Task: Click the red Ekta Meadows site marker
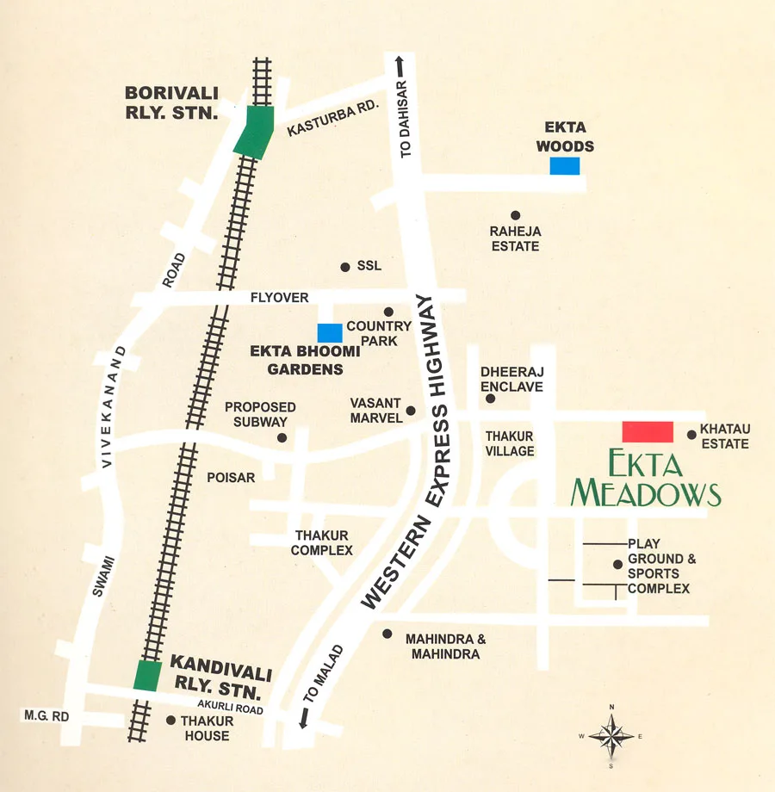[648, 431]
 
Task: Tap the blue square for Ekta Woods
[565, 166]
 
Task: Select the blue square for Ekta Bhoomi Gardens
[330, 332]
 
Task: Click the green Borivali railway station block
[254, 132]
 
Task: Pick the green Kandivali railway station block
[147, 676]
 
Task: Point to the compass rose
[611, 736]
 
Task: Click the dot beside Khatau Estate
[691, 435]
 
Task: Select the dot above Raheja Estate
[515, 215]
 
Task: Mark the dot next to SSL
[345, 267]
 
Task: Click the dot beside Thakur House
[170, 721]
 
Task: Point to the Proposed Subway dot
[282, 438]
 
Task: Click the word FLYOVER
[279, 298]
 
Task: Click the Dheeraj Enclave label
[512, 379]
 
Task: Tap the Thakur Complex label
[322, 543]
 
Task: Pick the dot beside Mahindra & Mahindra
[387, 634]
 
